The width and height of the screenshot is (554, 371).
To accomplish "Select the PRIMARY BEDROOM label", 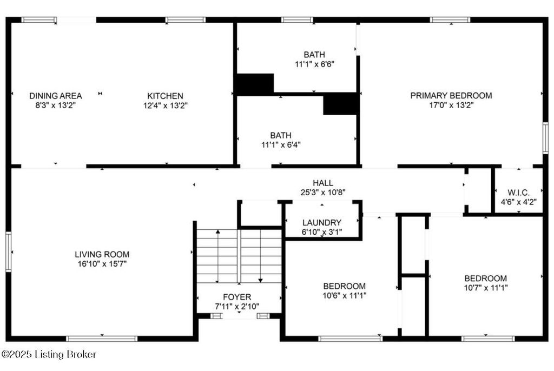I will pos(451,96).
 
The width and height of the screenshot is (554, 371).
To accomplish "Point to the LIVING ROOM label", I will pos(102,254).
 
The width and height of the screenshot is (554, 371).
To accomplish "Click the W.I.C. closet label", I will pos(518,193).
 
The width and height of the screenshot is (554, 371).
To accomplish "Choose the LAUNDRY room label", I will pos(322,222).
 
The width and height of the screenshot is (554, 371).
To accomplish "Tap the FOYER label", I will pos(237,297).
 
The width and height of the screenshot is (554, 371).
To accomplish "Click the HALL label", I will pos(322,183).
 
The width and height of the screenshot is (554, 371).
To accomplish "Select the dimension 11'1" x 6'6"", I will pos(314,64).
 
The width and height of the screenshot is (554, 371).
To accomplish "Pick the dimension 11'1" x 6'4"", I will pos(281,144).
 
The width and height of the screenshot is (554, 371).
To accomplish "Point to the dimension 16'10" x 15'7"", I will pos(102,264).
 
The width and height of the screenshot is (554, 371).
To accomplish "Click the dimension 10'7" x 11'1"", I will pos(486,288).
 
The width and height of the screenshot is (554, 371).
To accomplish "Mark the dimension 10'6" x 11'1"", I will pos(344,295).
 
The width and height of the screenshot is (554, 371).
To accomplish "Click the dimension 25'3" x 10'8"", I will pos(322,192).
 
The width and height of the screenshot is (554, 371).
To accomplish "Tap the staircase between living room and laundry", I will pos(239,255).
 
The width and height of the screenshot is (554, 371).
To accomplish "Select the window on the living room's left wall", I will pos(8,251).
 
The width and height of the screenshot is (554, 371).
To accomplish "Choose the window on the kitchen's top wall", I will pos(185,20).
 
